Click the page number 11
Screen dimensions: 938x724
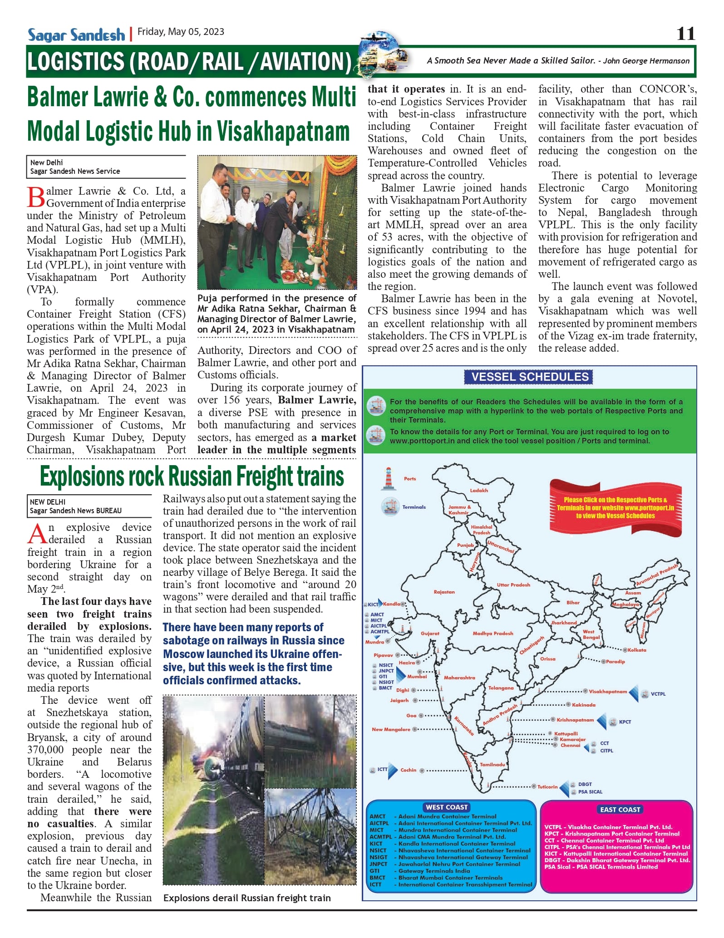click(685, 34)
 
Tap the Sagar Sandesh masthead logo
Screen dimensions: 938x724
click(76, 35)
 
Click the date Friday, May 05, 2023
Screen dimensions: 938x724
click(181, 32)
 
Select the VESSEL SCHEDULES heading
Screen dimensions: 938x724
click(530, 377)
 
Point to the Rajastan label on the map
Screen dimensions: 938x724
click(444, 592)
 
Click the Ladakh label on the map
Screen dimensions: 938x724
click(479, 491)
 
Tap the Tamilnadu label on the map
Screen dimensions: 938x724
click(493, 765)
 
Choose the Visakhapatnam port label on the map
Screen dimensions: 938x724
click(608, 692)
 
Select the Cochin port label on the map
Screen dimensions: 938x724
click(408, 770)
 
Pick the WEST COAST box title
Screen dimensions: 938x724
click(447, 807)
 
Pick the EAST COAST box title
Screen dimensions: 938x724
click(620, 810)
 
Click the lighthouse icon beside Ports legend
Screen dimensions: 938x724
click(388, 479)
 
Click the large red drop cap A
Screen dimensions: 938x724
click(37, 535)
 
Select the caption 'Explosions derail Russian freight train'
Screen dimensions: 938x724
click(247, 898)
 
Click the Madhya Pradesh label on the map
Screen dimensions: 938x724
click(493, 634)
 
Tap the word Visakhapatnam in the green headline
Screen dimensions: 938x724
click(283, 132)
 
